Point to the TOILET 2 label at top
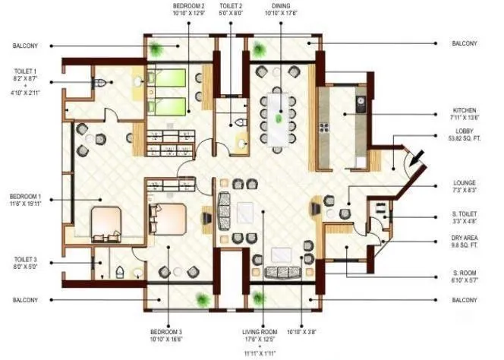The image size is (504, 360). (231, 7)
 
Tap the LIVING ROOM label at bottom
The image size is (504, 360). (260, 332)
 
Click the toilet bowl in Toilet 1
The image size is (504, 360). (100, 84)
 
